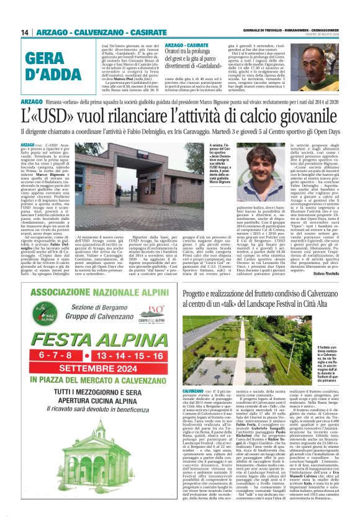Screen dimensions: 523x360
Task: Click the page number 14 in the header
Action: [25, 32]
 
